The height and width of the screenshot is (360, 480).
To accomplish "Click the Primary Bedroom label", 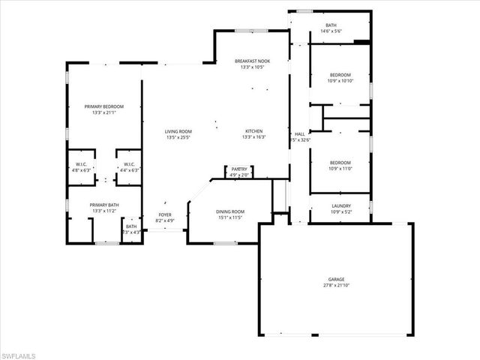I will [104, 107].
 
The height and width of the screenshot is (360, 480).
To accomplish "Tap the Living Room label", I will [178, 132].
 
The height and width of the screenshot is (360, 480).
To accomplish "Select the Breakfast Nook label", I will [252, 61].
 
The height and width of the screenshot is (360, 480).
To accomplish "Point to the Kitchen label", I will [252, 131].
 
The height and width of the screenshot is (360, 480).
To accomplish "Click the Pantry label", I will [239, 169].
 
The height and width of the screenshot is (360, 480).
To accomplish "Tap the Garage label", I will [336, 279].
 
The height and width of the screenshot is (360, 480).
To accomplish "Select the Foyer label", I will [164, 215].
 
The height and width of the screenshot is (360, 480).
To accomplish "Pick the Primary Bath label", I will [104, 205].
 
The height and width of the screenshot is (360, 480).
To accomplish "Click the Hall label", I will [299, 133].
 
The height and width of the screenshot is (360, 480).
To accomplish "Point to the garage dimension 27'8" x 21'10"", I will [336, 285].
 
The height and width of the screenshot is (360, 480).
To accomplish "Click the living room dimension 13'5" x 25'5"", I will [178, 138].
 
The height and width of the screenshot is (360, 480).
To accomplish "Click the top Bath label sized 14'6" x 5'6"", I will [331, 31].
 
